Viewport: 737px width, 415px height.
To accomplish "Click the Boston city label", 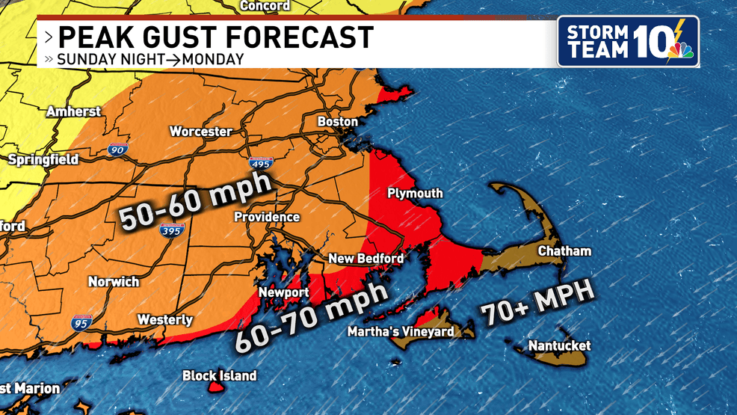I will (x=338, y=121).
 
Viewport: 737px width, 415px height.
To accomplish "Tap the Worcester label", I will (x=200, y=132).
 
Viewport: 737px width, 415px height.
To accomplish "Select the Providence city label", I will (x=267, y=217).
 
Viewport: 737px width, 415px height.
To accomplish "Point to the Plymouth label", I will (x=415, y=193).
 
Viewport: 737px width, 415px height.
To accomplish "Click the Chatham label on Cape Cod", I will (x=564, y=251).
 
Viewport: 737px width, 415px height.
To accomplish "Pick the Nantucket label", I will (x=559, y=345).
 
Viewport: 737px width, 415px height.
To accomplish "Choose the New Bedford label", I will (x=366, y=259).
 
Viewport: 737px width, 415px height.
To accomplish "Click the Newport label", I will (x=284, y=292).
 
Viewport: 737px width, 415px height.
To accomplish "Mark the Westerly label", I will (x=165, y=320).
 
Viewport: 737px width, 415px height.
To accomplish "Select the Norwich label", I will (x=114, y=282).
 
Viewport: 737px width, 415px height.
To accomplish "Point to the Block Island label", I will (x=220, y=376).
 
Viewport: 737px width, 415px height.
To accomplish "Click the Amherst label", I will (x=73, y=111).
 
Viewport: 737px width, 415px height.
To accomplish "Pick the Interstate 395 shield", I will (x=170, y=232).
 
